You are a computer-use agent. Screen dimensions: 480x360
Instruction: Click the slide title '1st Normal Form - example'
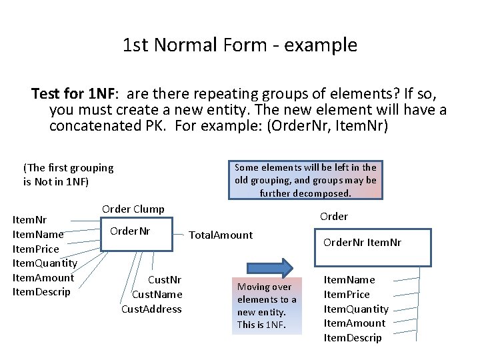(x=240, y=45)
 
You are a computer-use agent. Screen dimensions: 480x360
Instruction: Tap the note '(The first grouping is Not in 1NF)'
(x=68, y=175)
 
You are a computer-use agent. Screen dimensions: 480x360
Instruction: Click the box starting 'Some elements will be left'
(x=305, y=180)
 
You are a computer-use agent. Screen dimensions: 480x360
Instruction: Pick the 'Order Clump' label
(x=133, y=209)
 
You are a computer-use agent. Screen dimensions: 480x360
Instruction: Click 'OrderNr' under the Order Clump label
(x=130, y=231)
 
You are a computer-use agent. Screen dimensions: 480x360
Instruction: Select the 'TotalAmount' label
(x=221, y=235)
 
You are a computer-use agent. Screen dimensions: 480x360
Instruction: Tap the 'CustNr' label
(x=165, y=279)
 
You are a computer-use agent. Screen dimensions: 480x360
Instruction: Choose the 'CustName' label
(x=157, y=294)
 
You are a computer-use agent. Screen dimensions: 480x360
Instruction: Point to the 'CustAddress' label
(x=151, y=309)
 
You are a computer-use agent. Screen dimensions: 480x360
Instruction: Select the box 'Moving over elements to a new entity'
(x=266, y=305)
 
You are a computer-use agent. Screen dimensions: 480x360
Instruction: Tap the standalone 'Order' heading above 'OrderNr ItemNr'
(x=333, y=216)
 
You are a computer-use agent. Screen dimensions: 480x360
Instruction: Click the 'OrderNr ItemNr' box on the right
(x=362, y=243)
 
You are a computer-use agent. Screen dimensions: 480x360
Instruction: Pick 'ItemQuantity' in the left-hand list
(x=45, y=263)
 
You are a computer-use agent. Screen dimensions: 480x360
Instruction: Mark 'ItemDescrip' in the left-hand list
(x=41, y=291)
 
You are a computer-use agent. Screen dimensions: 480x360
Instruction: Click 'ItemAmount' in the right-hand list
(x=355, y=323)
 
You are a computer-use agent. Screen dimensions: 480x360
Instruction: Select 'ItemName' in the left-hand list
(x=38, y=234)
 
